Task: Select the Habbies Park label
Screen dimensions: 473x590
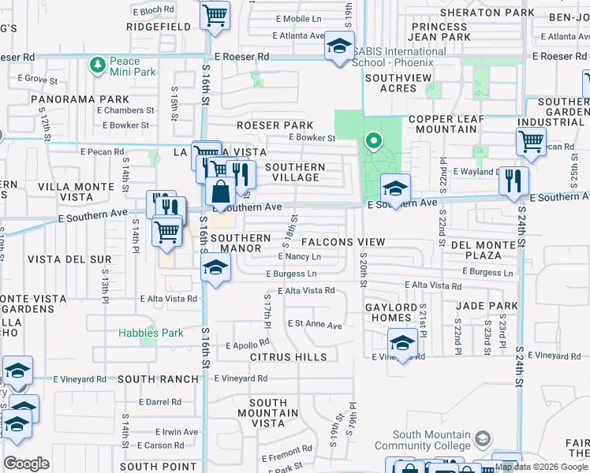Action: pyautogui.click(x=151, y=333)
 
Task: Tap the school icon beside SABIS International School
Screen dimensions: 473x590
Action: pyautogui.click(x=339, y=47)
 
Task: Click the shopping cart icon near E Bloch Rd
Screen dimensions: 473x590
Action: pyautogui.click(x=215, y=15)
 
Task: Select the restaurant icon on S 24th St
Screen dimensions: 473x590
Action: pyautogui.click(x=513, y=181)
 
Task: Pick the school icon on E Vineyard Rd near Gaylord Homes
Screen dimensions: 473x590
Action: pyautogui.click(x=402, y=343)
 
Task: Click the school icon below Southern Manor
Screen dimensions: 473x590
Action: pyautogui.click(x=215, y=266)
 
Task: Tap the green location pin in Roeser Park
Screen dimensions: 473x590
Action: pyautogui.click(x=373, y=142)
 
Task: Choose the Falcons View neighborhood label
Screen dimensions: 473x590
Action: pyautogui.click(x=343, y=242)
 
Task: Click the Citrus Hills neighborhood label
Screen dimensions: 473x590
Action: pyautogui.click(x=288, y=357)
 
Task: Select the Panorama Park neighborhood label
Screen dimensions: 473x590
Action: pyautogui.click(x=80, y=99)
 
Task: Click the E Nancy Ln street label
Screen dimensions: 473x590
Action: pyautogui.click(x=299, y=257)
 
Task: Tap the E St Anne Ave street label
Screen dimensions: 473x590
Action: pyautogui.click(x=315, y=324)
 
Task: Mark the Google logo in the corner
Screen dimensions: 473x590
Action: pyautogui.click(x=26, y=464)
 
